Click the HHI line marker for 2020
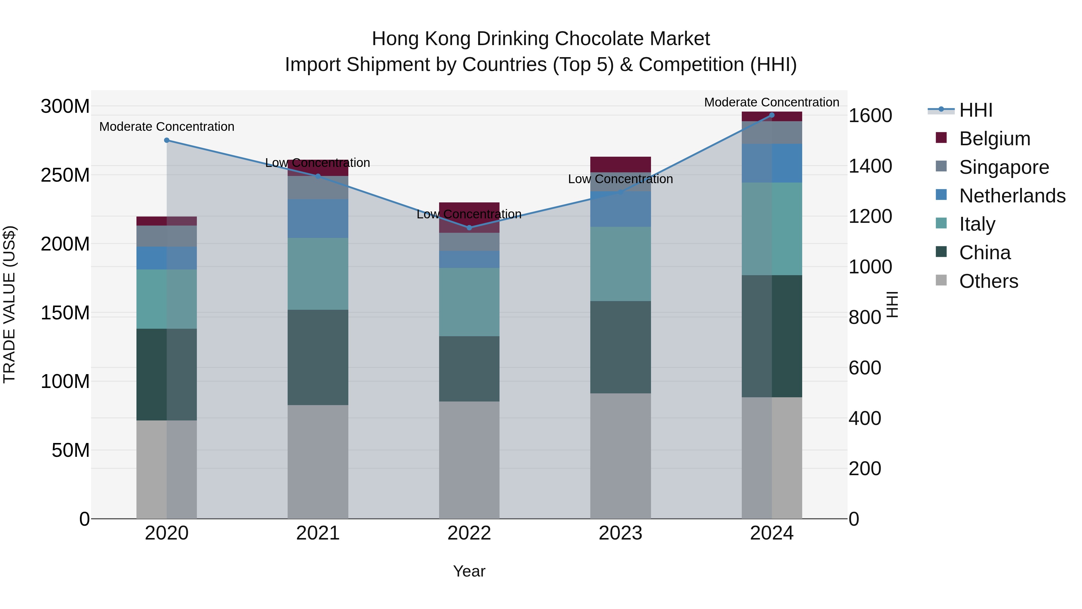click(x=167, y=140)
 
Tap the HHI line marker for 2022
click(x=469, y=228)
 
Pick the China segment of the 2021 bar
click(x=318, y=357)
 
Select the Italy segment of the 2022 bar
click(x=469, y=302)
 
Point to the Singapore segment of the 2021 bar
click(x=318, y=187)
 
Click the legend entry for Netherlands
click(x=1012, y=196)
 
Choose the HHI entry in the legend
click(x=975, y=110)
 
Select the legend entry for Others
click(x=988, y=281)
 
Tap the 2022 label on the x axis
click(x=469, y=533)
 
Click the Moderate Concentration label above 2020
click(x=167, y=127)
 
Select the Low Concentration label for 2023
click(x=620, y=179)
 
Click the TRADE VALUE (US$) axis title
click(x=10, y=304)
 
